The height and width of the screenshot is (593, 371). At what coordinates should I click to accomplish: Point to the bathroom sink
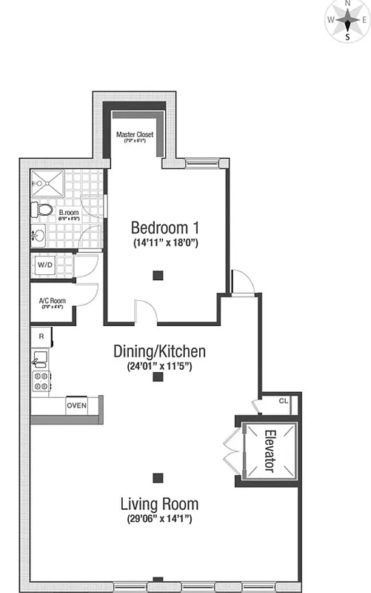[39, 236]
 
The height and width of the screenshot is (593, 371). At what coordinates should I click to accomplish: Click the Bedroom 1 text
[165, 227]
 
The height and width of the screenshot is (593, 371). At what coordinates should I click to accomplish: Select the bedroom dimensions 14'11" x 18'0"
[165, 243]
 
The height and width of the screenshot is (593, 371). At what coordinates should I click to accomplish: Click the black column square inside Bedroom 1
[157, 276]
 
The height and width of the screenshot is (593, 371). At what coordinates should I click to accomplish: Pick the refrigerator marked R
[41, 337]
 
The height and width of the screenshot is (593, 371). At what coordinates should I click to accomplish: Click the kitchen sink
[40, 360]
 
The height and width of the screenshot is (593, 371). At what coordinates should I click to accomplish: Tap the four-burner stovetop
[40, 382]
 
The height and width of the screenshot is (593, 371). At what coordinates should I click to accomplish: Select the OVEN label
[76, 405]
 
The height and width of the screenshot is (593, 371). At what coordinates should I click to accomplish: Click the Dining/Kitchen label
[159, 351]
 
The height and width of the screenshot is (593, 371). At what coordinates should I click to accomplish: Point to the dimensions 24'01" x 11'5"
[159, 365]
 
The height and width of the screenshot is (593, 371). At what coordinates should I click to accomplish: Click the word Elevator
[268, 451]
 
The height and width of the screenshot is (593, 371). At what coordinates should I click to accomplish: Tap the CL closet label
[284, 402]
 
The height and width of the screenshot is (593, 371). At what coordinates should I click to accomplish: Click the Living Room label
[159, 504]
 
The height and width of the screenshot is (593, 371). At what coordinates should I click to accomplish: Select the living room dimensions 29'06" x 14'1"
[159, 520]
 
